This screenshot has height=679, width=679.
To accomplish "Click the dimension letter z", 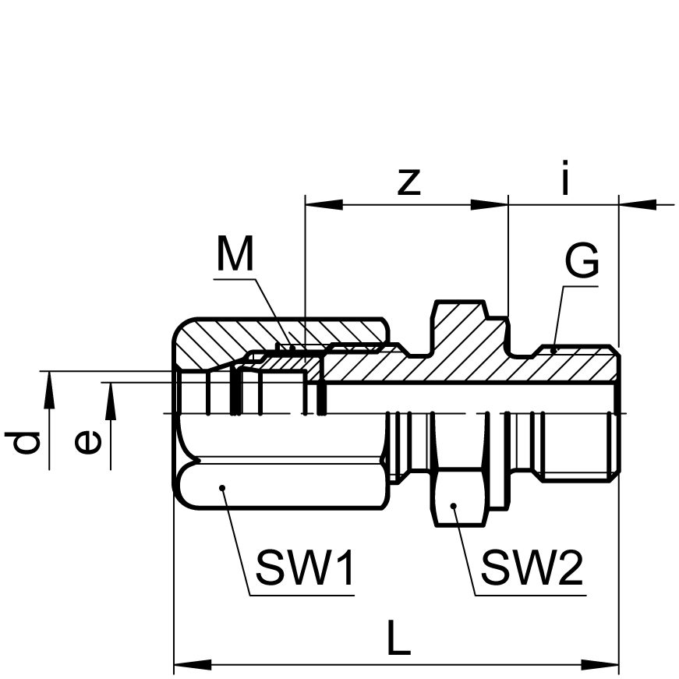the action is tap(409, 182).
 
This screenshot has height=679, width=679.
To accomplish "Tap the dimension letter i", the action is tap(564, 177).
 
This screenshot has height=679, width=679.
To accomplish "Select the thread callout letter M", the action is tap(235, 253).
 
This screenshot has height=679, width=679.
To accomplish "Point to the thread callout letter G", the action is tap(582, 260).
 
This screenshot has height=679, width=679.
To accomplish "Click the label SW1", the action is tap(306, 568).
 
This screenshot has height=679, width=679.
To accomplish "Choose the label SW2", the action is tap(532, 568).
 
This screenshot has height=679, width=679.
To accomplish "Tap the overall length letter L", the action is tap(398, 637).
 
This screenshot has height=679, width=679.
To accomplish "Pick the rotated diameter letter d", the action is tap(23, 442).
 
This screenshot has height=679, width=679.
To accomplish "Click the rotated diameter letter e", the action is tap(88, 442).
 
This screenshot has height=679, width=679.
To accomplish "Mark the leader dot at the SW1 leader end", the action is tap(222, 488).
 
